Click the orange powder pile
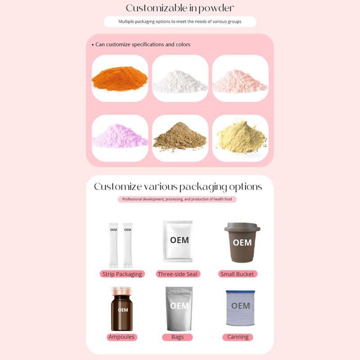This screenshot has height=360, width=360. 120,79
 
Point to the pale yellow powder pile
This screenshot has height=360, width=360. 240,136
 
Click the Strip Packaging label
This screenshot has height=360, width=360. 122,274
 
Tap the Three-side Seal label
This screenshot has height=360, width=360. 178,274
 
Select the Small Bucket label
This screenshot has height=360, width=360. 237,274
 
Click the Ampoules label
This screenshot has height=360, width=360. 121,337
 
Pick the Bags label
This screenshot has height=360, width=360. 178,337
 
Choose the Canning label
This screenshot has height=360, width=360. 238,337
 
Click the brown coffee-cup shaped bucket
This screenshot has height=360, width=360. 242,243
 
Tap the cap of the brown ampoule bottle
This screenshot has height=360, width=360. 122,291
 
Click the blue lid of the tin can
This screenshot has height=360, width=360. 240,292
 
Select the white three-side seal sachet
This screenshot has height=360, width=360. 177,241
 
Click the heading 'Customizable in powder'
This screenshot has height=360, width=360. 180,8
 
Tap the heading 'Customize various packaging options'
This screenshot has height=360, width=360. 178,187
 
